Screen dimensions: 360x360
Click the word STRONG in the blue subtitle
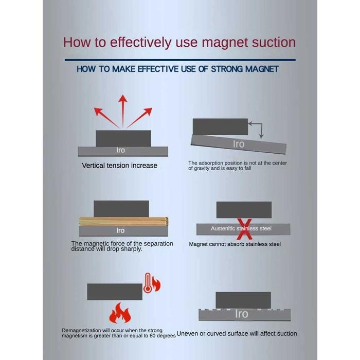click(228, 69)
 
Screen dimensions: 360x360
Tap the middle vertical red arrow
click(123, 111)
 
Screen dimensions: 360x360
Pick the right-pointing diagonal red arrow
click(140, 118)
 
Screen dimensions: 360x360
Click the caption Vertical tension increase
click(120, 166)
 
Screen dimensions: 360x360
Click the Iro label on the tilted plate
click(239, 144)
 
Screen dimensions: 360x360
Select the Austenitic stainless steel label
click(241, 228)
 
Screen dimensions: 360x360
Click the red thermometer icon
click(148, 282)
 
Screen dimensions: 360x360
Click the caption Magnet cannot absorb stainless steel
click(235, 244)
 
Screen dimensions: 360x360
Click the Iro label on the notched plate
click(241, 314)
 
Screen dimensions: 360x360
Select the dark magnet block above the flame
click(115, 292)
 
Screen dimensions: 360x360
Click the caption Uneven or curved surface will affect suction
click(237, 334)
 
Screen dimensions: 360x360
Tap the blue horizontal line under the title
click(180, 60)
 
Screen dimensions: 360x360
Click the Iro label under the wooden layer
click(120, 230)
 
